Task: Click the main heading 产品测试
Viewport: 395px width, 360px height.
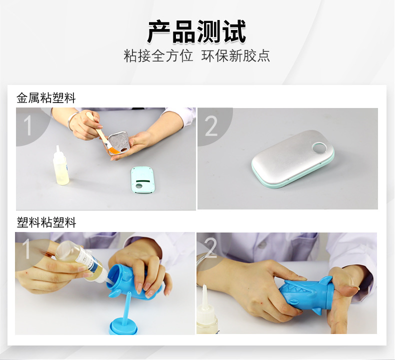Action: click(196, 31)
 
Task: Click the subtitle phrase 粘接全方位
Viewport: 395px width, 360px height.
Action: click(158, 56)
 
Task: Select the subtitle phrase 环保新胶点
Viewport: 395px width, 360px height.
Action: click(235, 56)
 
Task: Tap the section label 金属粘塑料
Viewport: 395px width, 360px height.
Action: click(46, 97)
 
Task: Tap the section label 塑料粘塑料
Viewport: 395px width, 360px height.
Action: click(46, 222)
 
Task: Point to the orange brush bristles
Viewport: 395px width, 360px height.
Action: click(113, 150)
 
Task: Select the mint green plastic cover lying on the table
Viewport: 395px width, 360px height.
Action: click(143, 179)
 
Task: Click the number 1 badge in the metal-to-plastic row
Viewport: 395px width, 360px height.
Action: click(27, 125)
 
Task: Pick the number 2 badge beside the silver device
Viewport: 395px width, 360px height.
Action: click(211, 126)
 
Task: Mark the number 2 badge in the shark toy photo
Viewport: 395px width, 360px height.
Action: click(210, 248)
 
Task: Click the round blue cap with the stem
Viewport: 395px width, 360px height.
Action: click(124, 320)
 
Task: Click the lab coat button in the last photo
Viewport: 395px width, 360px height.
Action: click(262, 244)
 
